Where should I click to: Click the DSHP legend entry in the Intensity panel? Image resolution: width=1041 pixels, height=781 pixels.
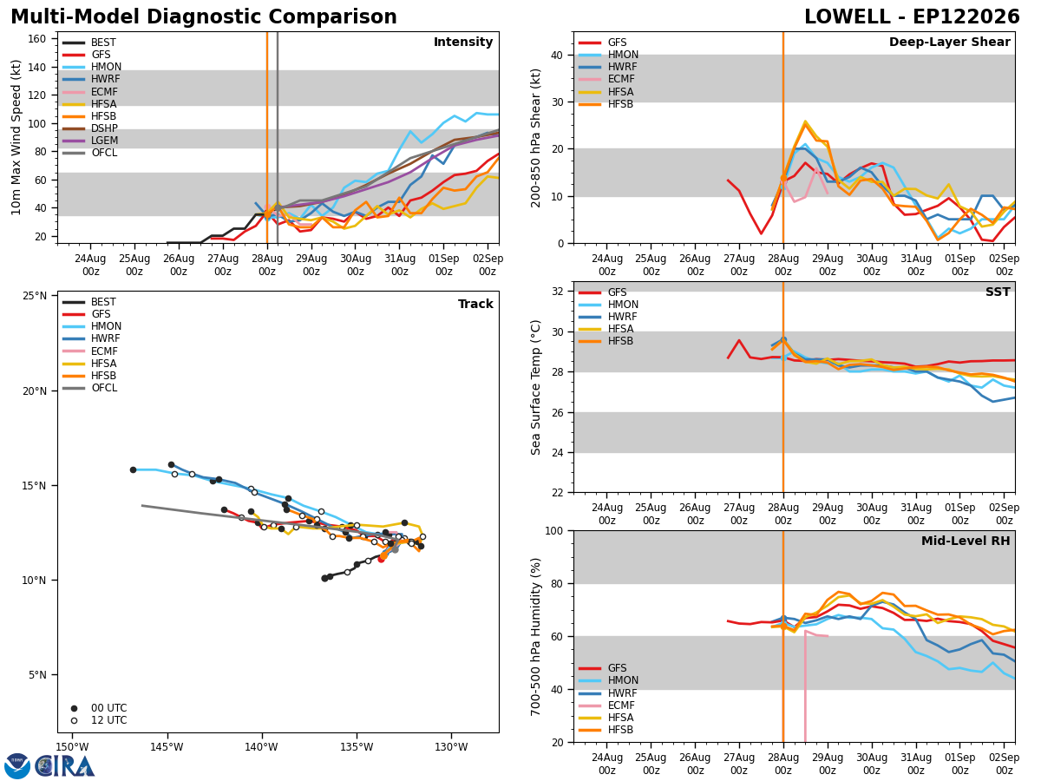pos(89,128)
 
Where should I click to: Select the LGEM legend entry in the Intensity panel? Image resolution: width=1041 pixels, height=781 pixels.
pos(89,141)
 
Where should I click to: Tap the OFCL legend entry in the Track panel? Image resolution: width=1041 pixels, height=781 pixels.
pos(89,388)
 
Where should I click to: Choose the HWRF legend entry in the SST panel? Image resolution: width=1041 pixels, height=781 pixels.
pos(607,317)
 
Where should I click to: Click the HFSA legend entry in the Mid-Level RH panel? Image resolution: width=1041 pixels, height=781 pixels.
pos(606,718)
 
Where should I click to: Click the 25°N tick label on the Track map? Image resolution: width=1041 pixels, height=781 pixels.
pos(35,296)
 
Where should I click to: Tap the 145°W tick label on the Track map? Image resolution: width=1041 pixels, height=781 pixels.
pos(167,747)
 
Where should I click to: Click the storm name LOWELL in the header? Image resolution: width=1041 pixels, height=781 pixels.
pos(848,17)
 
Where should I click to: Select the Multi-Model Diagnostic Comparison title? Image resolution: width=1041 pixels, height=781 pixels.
pos(204,17)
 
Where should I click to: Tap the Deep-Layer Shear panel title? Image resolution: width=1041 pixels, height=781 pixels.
pos(949,43)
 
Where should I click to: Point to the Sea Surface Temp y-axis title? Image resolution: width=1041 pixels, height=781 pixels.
pos(535,387)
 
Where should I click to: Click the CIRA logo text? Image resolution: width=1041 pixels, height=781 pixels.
pos(65,766)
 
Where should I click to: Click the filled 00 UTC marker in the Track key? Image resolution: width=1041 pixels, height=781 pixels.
pos(74,708)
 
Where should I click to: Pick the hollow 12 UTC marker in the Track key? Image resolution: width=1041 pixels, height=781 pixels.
pos(74,721)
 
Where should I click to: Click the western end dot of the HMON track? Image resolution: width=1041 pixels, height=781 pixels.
pos(134,470)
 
